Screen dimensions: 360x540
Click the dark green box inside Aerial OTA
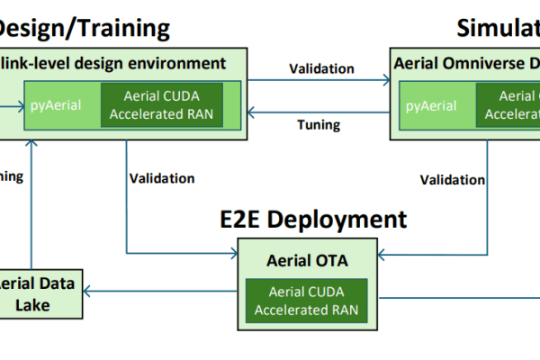[x=306, y=301]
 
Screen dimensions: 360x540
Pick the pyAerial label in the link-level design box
[x=57, y=105]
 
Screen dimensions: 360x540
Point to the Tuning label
[x=319, y=125]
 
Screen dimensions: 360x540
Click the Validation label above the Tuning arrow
[x=321, y=68]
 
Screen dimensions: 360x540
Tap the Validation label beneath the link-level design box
[x=162, y=178]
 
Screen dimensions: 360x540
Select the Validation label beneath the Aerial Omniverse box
[x=452, y=179]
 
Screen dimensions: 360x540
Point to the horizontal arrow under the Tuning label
[x=319, y=111]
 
